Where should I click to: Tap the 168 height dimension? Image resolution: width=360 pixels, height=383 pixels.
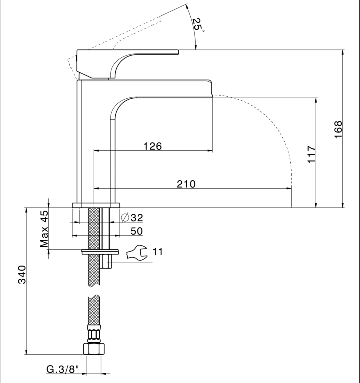[338, 129]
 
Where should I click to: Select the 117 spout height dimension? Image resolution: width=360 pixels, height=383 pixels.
[311, 154]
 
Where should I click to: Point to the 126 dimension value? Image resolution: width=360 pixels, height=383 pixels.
[153, 146]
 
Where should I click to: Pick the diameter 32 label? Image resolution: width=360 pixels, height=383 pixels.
[132, 218]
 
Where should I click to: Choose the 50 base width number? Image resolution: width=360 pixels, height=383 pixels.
[136, 231]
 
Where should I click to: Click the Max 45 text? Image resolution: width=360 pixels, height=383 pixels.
[44, 229]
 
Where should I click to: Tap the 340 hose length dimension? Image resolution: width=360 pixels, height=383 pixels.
[22, 274]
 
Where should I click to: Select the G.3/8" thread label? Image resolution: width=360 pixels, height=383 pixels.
[63, 369]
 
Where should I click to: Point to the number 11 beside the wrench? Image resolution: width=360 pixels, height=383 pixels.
[158, 252]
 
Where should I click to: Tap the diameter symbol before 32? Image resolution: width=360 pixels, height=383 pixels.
[125, 218]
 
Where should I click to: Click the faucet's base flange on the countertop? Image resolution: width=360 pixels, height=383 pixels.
[96, 205]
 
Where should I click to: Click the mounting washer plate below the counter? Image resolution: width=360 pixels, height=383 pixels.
[100, 252]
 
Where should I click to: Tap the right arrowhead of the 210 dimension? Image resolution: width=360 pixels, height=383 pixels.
[289, 188]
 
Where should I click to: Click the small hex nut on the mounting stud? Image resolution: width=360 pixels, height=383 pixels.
[106, 261]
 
